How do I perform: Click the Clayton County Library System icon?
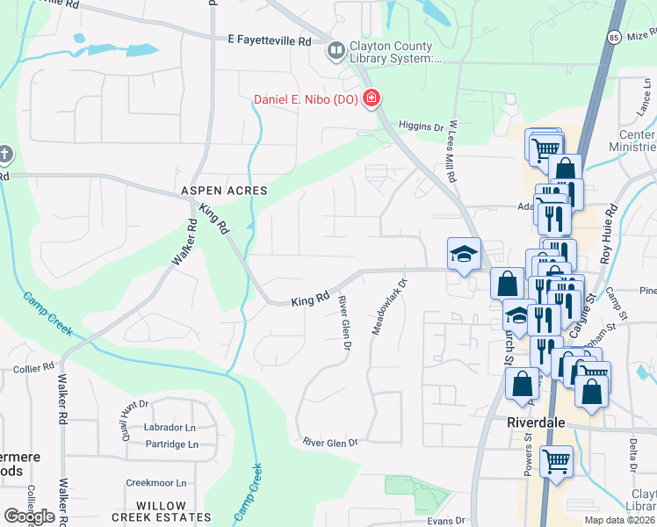tap(335, 52)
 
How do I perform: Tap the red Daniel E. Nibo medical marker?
tap(371, 98)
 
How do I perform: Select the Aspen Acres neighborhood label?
tap(223, 190)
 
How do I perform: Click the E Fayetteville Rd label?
tap(270, 40)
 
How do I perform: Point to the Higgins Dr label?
tap(421, 126)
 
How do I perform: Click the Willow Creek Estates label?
tap(173, 505)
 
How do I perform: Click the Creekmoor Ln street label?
tap(156, 482)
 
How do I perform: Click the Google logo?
tap(29, 516)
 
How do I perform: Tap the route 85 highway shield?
tap(614, 38)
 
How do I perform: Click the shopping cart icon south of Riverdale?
tap(556, 459)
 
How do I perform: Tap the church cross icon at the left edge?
tap(6, 155)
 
